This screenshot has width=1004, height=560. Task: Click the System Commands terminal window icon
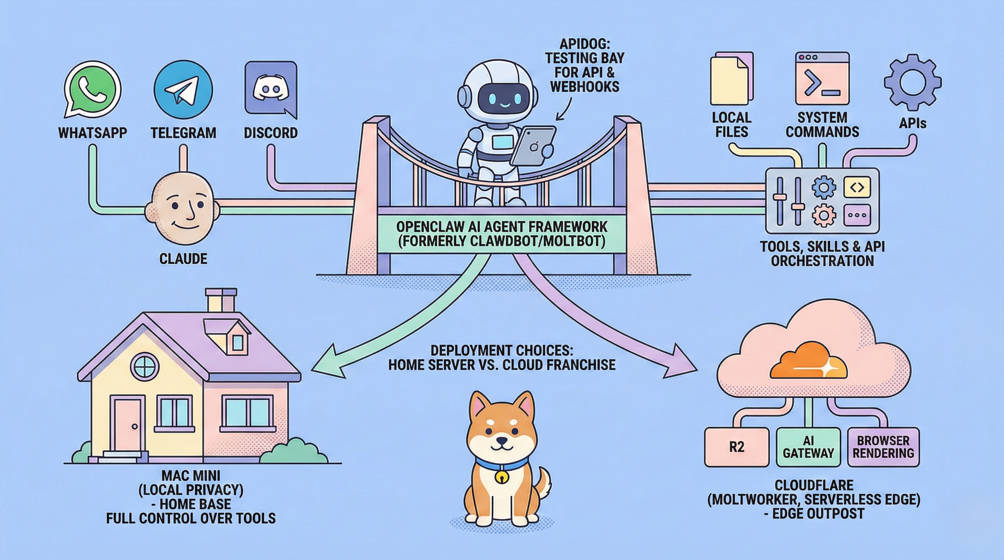coord(822,78)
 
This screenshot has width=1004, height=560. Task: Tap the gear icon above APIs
coord(912,82)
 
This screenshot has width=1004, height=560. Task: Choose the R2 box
coord(736,447)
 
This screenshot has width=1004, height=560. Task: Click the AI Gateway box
coord(808,447)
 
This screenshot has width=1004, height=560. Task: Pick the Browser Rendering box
coord(883,447)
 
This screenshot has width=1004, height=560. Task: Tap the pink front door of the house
coord(128,425)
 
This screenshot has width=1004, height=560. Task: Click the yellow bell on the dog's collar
coord(500,477)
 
